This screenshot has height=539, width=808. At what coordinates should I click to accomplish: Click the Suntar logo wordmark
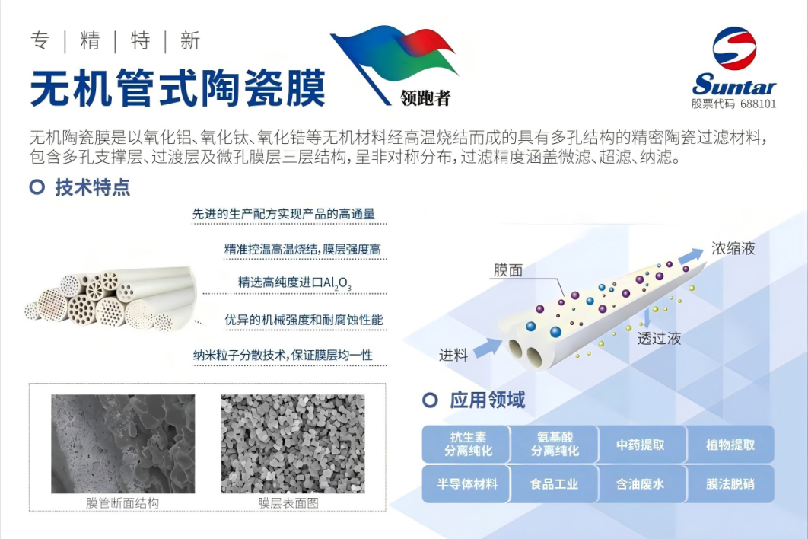(x=733, y=84)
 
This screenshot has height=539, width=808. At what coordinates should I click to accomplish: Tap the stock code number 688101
(x=758, y=104)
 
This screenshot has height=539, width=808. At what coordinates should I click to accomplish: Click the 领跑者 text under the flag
(x=425, y=97)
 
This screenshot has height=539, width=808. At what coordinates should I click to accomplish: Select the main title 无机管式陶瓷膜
(x=178, y=88)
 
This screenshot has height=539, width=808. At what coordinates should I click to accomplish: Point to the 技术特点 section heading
(x=93, y=187)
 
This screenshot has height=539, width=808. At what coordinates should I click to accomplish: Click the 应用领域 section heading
(x=488, y=400)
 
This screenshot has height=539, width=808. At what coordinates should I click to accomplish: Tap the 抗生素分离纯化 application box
(x=466, y=444)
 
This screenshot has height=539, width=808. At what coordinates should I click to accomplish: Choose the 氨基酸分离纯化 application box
(x=555, y=444)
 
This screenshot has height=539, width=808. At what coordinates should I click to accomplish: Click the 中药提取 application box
(x=641, y=444)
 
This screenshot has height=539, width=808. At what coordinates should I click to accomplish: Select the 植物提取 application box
(x=730, y=444)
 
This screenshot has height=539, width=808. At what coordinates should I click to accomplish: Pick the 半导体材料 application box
(x=466, y=484)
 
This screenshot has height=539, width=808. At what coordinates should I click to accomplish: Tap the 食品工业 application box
(x=555, y=484)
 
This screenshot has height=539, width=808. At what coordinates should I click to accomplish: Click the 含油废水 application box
(x=641, y=484)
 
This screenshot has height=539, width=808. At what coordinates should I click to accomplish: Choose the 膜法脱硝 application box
(x=730, y=484)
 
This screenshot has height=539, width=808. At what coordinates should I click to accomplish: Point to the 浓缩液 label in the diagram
(x=733, y=249)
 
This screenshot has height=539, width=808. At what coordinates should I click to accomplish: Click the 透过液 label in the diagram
(x=659, y=338)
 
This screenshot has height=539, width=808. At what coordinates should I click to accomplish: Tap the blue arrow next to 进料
(x=488, y=347)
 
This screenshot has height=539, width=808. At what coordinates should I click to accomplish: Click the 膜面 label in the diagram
(x=508, y=269)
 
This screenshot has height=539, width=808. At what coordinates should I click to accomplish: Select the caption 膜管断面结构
(x=122, y=503)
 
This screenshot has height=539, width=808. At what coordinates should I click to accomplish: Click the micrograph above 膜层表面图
(x=293, y=444)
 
